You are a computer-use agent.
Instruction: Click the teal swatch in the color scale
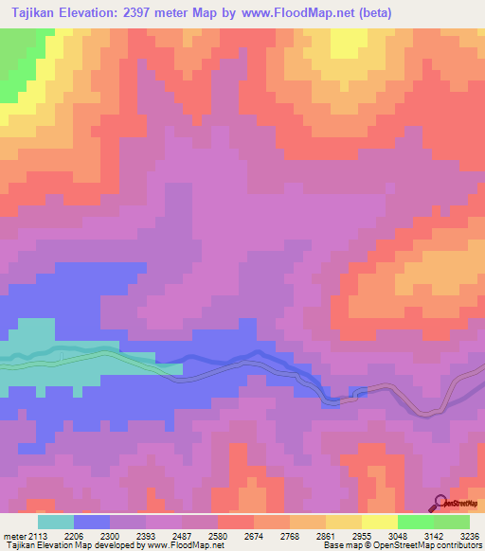pos(56,522)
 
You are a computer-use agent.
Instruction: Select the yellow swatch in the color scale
pos(380,522)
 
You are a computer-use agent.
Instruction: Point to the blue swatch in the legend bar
pos(92,522)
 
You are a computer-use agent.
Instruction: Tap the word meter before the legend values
pos(16,535)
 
